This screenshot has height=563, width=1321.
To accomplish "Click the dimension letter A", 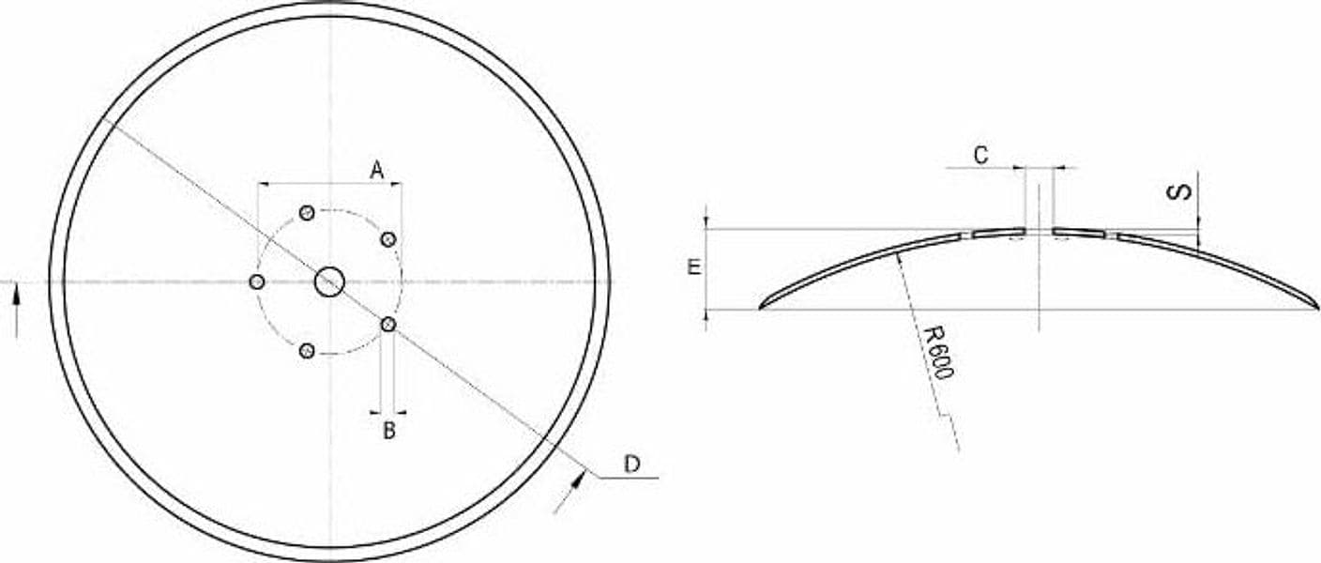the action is (x=377, y=171).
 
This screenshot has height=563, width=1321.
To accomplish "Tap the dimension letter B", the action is (x=389, y=431).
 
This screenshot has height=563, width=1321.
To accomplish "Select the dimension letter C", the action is (x=980, y=155).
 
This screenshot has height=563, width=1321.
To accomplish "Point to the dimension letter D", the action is (x=631, y=464).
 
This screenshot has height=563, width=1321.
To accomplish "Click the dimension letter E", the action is (x=694, y=267).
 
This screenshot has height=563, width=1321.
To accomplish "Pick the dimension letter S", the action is (x=1180, y=192).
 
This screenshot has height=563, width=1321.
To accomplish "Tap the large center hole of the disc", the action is (x=329, y=281).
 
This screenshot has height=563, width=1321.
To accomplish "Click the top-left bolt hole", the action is (x=307, y=213).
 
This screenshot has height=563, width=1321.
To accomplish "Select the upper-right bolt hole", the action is (x=388, y=239).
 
